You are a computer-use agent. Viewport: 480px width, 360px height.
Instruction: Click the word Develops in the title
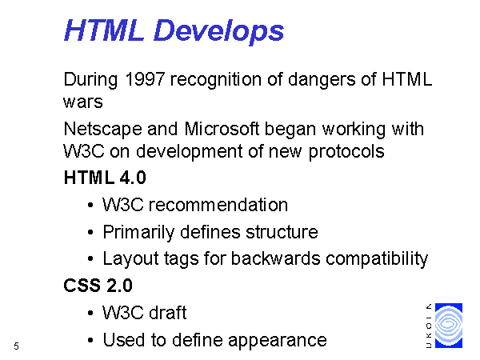pyautogui.click(x=218, y=31)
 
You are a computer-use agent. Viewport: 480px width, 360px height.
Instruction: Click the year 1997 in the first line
pyautogui.click(x=145, y=79)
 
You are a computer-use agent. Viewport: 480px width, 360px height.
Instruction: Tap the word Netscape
pyautogui.click(x=103, y=129)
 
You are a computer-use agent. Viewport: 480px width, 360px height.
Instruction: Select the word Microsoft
pyautogui.click(x=222, y=129)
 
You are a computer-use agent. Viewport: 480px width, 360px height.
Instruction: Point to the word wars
pyautogui.click(x=83, y=102)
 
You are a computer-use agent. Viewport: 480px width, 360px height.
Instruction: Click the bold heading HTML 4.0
pyautogui.click(x=105, y=178)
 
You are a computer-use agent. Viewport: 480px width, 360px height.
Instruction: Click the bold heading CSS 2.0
pyautogui.click(x=98, y=286)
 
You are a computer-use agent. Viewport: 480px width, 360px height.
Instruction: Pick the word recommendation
pyautogui.click(x=218, y=205)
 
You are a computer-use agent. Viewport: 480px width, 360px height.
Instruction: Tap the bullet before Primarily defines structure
pyautogui.click(x=90, y=232)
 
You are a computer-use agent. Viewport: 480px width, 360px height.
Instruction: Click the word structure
pyautogui.click(x=282, y=232)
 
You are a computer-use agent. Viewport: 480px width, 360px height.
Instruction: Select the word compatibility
pyautogui.click(x=377, y=259)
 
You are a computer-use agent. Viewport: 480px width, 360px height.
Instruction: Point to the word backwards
pyautogui.click(x=275, y=258)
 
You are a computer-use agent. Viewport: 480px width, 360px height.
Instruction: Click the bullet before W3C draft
pyautogui.click(x=90, y=313)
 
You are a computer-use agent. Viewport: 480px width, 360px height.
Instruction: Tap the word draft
pyautogui.click(x=168, y=313)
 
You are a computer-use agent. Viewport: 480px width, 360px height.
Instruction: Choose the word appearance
pyautogui.click(x=278, y=341)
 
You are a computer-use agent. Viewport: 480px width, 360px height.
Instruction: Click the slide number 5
pyautogui.click(x=16, y=346)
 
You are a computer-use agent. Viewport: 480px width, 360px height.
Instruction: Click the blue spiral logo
pyautogui.click(x=449, y=326)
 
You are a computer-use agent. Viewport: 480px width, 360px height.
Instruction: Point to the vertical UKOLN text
pyautogui.click(x=429, y=326)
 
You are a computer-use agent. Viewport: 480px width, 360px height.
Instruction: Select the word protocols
pyautogui.click(x=346, y=152)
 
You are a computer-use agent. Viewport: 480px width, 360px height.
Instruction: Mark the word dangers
pyautogui.click(x=322, y=79)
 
